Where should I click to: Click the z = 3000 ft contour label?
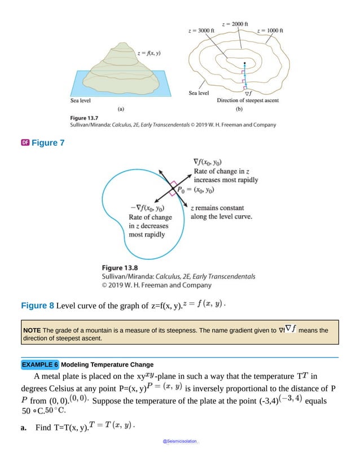200,29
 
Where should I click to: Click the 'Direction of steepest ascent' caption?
248,101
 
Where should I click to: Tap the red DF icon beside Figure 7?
24,142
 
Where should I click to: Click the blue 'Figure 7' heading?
48,143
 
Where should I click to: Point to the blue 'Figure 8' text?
37,306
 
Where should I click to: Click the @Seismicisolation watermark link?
180,439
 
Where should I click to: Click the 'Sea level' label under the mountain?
81,101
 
